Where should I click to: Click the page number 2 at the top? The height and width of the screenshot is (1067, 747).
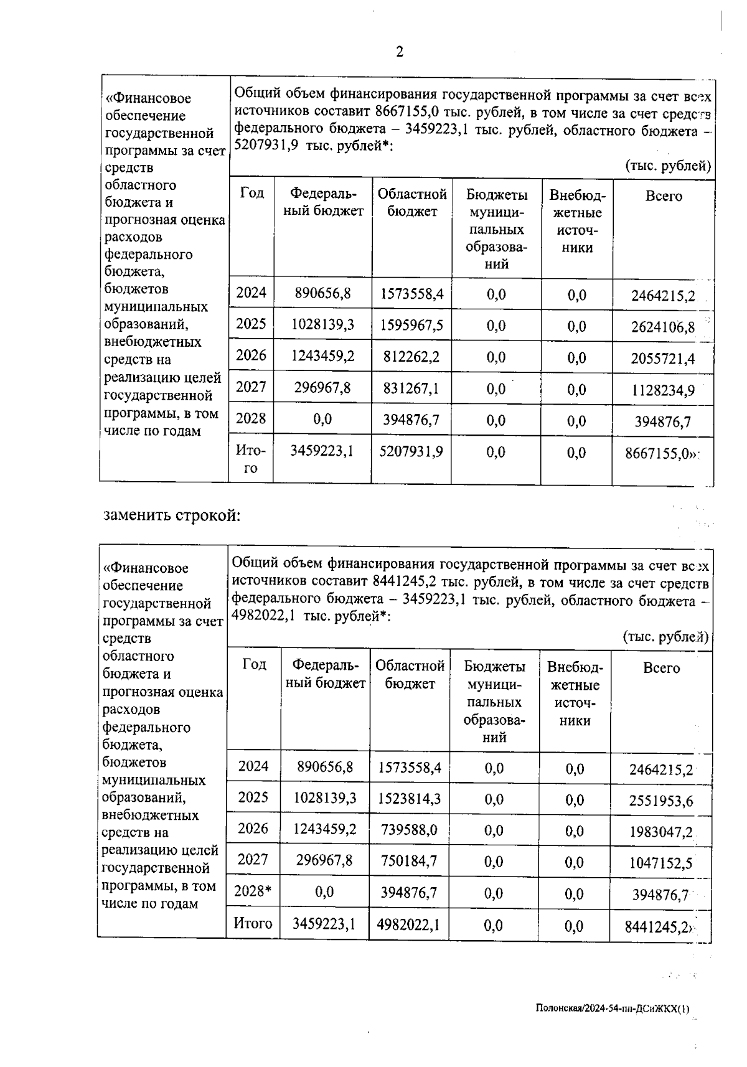pos(400,52)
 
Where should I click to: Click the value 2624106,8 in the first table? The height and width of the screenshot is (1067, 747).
pos(663,327)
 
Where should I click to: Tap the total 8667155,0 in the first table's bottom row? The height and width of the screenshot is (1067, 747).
pos(660,453)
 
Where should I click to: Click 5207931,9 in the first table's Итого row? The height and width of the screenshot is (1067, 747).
pos(411,451)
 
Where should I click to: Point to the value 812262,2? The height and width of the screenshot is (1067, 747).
pos(411,357)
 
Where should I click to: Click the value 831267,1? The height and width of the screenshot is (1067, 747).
pos(411,388)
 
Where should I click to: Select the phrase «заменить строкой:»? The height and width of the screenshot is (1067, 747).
pos(172,515)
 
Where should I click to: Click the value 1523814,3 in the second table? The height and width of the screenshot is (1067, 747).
pos(410,798)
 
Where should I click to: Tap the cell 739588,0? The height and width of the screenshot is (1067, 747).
pos(410,830)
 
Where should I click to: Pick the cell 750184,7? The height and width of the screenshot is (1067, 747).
pos(410,861)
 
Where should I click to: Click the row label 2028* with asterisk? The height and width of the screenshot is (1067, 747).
pos(253,891)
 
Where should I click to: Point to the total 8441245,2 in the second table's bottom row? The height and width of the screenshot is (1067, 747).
pos(659,928)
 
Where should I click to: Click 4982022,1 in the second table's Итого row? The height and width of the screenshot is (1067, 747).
pos(409,924)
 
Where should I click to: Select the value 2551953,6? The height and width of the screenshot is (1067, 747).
pos(661,801)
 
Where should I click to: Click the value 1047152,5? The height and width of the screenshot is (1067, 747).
pos(661,863)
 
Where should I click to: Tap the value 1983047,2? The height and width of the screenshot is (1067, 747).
pos(661,832)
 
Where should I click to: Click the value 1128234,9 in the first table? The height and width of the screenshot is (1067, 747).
pos(663,390)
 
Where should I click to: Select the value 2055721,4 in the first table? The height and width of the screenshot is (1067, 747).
pos(663,359)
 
